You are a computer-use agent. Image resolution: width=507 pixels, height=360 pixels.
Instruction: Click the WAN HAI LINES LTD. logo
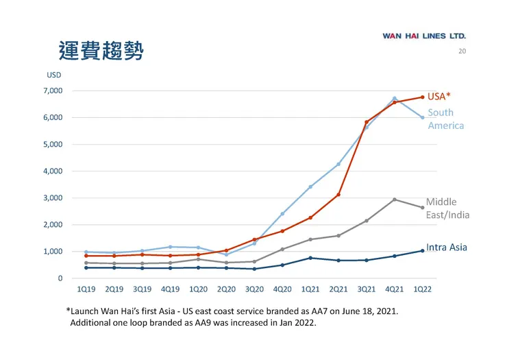pyautogui.click(x=424, y=36)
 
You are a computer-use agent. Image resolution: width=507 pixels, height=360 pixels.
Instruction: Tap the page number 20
pyautogui.click(x=462, y=51)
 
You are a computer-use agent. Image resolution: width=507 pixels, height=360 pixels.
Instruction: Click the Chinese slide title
pyautogui.click(x=101, y=50)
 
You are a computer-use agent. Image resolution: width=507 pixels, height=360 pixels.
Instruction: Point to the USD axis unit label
pyautogui.click(x=54, y=75)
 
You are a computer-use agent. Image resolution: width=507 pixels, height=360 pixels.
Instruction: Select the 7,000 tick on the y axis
pyautogui.click(x=53, y=91)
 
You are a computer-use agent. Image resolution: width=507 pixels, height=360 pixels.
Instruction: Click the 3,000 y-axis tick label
pyautogui.click(x=53, y=198)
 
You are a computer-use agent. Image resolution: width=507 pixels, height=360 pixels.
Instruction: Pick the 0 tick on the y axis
pyautogui.click(x=60, y=278)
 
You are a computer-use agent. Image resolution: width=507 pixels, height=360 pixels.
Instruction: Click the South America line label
pyautogui.click(x=445, y=119)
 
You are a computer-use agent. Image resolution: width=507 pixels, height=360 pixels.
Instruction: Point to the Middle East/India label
pyautogui.click(x=447, y=208)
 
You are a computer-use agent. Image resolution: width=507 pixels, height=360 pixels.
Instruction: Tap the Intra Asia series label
pyautogui.click(x=446, y=247)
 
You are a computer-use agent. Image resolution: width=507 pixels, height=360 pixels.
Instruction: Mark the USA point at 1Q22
pyautogui.click(x=422, y=97)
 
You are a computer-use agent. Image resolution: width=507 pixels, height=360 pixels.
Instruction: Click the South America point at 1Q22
pyautogui.click(x=422, y=117)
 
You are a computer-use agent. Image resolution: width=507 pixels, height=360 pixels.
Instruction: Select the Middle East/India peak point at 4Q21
pyautogui.click(x=394, y=200)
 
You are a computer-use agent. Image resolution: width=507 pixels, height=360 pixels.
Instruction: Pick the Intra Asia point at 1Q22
pyautogui.click(x=422, y=251)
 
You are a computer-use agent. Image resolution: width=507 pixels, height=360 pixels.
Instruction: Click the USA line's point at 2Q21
pyautogui.click(x=338, y=195)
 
